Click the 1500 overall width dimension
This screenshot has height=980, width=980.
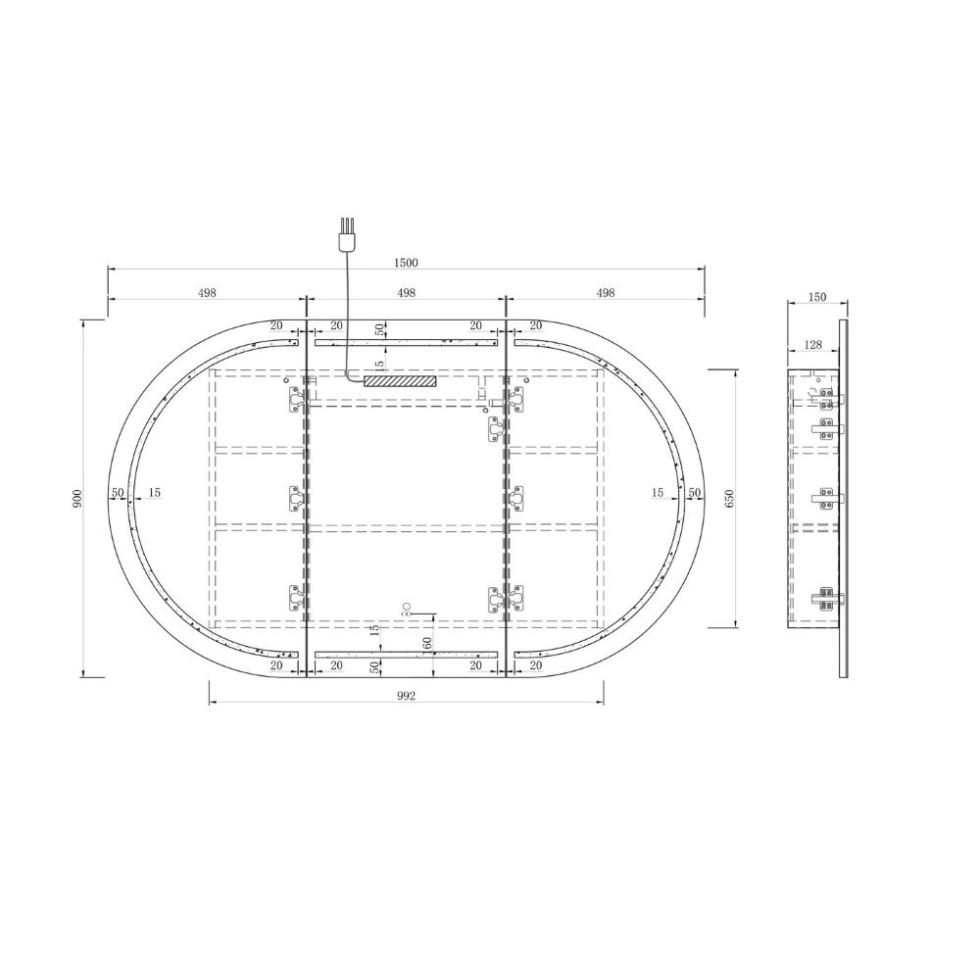(x=406, y=263)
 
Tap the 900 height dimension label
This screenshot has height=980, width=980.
(x=77, y=498)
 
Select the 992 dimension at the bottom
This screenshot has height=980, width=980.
(x=406, y=696)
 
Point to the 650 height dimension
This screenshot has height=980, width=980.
(x=730, y=498)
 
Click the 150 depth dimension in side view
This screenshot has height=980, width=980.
(x=817, y=297)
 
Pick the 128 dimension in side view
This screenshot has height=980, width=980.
(x=813, y=344)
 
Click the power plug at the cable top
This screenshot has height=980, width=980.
(x=345, y=234)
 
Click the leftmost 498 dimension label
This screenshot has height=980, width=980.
(x=207, y=292)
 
